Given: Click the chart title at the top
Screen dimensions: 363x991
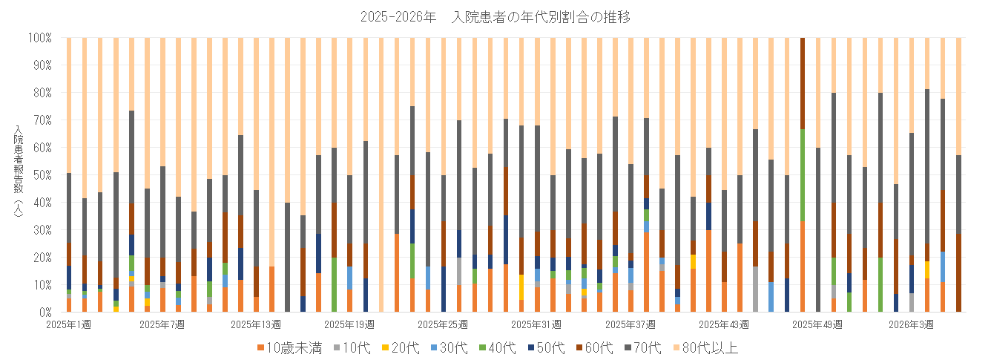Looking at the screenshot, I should (x=495, y=16).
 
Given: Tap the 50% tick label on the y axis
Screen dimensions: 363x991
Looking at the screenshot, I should (x=42, y=174).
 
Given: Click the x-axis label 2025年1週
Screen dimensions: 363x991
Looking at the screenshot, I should (x=68, y=324).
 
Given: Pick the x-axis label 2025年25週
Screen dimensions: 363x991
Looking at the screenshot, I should (x=443, y=324).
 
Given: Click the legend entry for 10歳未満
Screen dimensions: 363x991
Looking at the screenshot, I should (x=289, y=347).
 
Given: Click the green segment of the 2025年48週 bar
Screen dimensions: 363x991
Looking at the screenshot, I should (x=803, y=174).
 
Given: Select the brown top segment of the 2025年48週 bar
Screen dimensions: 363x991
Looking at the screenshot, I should (x=803, y=82).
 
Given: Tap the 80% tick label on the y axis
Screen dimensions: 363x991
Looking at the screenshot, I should (x=42, y=92).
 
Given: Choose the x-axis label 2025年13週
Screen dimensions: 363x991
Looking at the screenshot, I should (x=256, y=324).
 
